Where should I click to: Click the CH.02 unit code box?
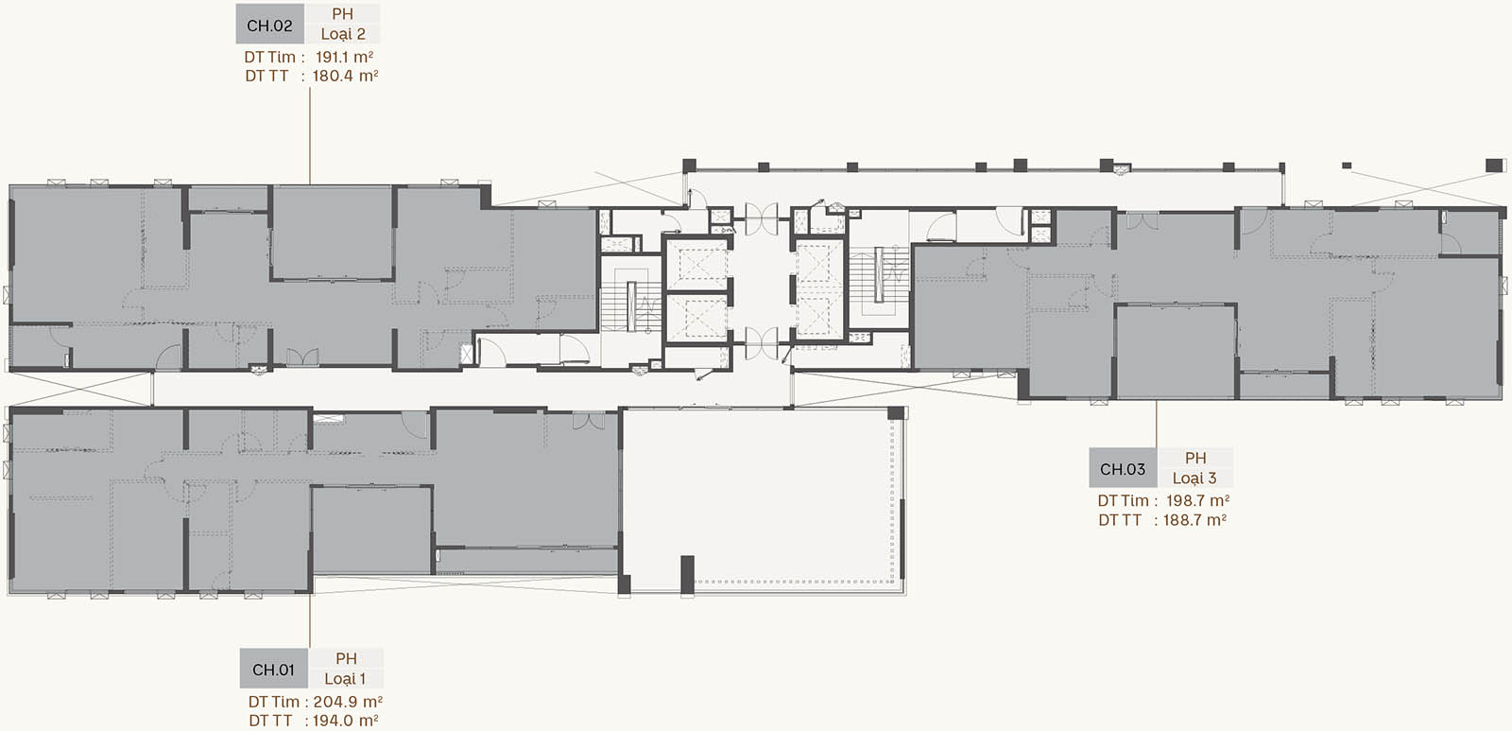[x=270, y=25]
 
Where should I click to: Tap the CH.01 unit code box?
[x=273, y=669]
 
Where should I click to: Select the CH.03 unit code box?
[x=1123, y=468]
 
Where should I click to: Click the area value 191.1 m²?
[x=344, y=57]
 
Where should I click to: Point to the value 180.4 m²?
[x=345, y=76]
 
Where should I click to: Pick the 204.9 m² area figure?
[x=349, y=702]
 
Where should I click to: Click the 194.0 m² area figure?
[x=345, y=721]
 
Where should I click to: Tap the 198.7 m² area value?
[x=1197, y=500]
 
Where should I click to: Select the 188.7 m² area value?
[x=1194, y=519]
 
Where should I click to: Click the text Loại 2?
[x=343, y=34]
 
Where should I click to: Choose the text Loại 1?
[x=345, y=678]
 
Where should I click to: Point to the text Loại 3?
[x=1194, y=478]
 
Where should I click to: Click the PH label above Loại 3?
[x=1195, y=458]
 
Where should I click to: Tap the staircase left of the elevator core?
[x=630, y=297]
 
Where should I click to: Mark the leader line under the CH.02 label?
[x=310, y=134]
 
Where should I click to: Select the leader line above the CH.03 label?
[x=1157, y=424]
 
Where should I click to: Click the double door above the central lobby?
[x=762, y=218]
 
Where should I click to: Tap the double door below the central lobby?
[x=762, y=343]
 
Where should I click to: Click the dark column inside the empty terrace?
[x=687, y=574]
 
